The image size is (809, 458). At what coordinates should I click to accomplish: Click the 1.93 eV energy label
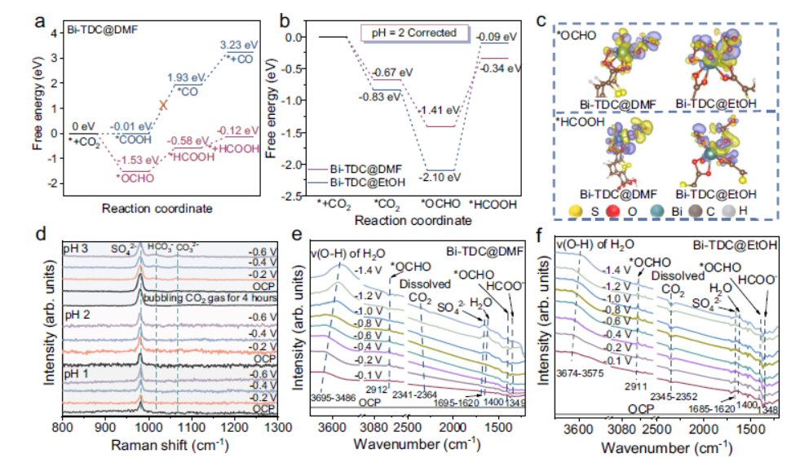pyautogui.click(x=186, y=77)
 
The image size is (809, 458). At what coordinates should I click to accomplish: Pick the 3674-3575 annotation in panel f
pyautogui.click(x=579, y=374)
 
